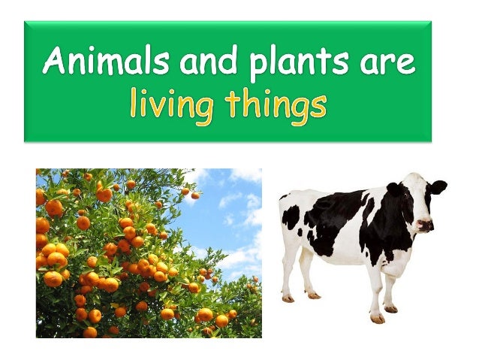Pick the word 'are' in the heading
point(382,62)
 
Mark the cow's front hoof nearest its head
point(390,308)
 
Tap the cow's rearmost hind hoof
point(288,298)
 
